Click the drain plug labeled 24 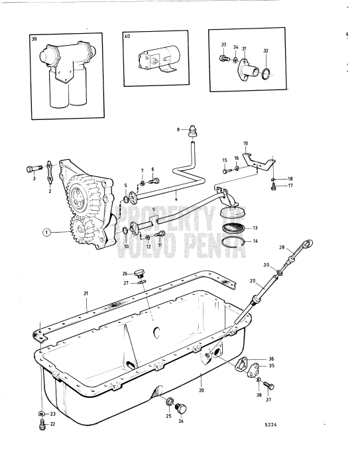coord(184,406)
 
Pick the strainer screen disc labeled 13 coord(232,227)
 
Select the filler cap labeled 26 coord(139,272)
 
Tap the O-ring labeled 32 coord(266,72)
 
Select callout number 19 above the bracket coord(246,143)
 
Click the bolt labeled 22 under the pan coord(42,422)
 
